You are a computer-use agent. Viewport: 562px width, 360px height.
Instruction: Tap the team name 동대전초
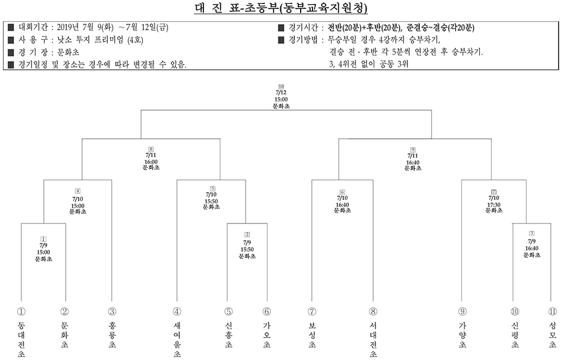[21, 340]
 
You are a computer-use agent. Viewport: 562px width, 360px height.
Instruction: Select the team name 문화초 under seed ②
[65, 335]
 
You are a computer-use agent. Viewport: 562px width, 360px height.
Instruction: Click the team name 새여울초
[177, 340]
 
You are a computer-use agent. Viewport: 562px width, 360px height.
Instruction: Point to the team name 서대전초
[373, 340]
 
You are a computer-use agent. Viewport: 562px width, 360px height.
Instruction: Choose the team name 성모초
[552, 335]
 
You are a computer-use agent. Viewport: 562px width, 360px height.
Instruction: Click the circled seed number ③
[112, 312]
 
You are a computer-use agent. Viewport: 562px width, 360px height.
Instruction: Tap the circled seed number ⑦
[312, 312]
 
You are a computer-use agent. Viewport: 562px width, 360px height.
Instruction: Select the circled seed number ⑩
[515, 312]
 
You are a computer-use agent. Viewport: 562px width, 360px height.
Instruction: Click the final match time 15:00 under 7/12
[281, 99]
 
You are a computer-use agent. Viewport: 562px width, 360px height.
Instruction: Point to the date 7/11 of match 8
[151, 155]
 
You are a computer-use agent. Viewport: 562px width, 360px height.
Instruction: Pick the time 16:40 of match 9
[413, 162]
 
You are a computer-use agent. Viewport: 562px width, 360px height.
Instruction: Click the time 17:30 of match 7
[493, 204]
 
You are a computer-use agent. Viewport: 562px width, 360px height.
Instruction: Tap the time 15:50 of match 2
[247, 249]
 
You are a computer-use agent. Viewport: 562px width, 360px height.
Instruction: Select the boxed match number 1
[43, 239]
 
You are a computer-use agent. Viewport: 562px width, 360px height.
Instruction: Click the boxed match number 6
[342, 192]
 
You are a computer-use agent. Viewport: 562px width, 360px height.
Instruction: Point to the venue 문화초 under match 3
[532, 255]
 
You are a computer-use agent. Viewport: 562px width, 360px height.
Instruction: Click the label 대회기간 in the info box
[33, 28]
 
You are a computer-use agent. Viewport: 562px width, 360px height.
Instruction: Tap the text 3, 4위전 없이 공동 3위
[369, 64]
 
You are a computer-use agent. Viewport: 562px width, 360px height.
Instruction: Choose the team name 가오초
[266, 335]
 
